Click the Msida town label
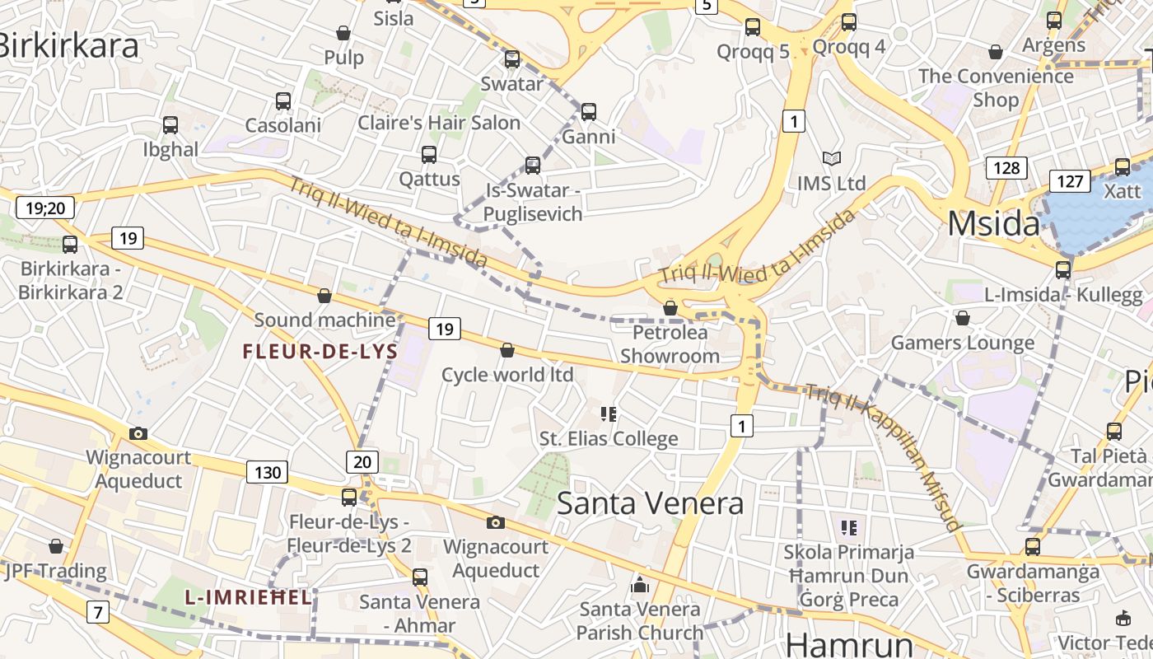coord(993,224)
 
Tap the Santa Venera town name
coord(650,502)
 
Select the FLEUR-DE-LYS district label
coord(320,352)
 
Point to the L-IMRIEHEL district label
coord(248,597)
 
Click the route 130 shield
coord(267,472)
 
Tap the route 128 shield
coord(1006,168)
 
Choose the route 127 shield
coord(1069,180)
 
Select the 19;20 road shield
coord(45,207)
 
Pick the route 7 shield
coord(98,612)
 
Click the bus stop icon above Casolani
coord(283,101)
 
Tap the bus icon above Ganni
coord(588,111)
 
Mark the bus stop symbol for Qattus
coord(429,154)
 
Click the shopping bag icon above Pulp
coord(343,33)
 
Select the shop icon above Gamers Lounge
coord(962,318)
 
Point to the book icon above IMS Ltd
coord(832,158)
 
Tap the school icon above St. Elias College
coord(609,414)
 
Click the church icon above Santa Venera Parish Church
coord(640,586)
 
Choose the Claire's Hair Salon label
coord(439,124)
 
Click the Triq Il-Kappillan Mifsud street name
coord(885,456)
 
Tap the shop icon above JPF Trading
coord(55,546)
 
